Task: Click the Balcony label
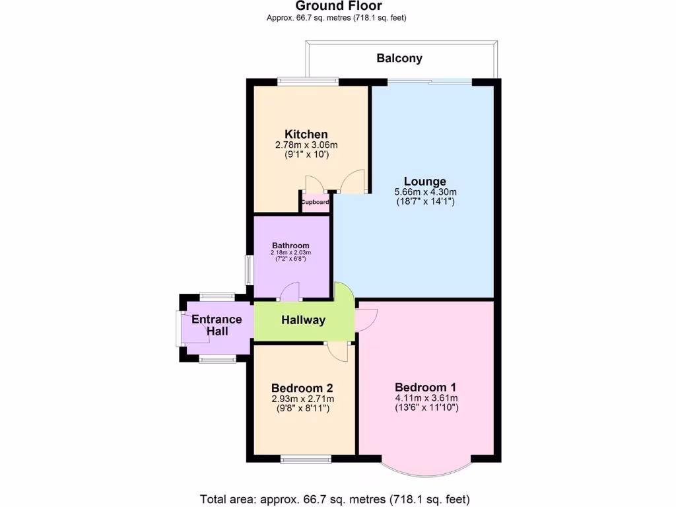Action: (399, 58)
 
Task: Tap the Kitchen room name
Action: (306, 135)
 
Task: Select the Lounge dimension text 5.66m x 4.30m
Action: (425, 192)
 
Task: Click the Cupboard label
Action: (316, 203)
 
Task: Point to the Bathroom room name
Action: (290, 246)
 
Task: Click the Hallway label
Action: (304, 320)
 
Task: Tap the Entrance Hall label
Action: (217, 325)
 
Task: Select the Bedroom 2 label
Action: (302, 388)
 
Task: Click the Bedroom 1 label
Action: (426, 387)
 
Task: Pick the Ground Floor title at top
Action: (339, 7)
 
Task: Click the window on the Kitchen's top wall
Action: (308, 82)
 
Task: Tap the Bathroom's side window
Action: (249, 269)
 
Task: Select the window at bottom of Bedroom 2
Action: (305, 458)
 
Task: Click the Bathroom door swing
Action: (290, 291)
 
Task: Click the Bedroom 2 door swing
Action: (337, 351)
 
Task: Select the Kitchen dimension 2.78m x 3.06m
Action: (306, 145)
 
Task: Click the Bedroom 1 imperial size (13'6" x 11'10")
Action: (426, 408)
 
